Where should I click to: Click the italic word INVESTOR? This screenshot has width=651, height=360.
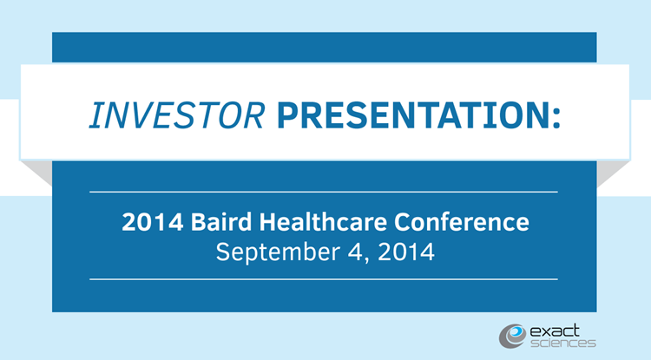pos(177,115)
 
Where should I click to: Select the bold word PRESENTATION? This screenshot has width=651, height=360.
pos(413,115)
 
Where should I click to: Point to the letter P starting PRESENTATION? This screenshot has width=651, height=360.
pos(287,115)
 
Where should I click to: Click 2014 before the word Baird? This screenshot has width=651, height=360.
pos(153,222)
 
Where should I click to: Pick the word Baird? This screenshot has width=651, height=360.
pos(221,222)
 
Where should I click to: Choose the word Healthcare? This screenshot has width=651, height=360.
pos(323,222)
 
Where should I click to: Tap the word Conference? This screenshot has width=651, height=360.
pos(462,222)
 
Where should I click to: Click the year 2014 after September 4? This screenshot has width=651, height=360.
pos(406,252)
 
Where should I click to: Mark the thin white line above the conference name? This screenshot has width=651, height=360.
pos(324,192)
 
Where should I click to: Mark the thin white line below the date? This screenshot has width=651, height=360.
pos(324,279)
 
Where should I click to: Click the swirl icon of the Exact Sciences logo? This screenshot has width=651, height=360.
pos(512,336)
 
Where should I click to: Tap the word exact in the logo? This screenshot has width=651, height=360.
pos(555,331)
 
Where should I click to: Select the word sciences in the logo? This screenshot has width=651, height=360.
pos(563,343)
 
